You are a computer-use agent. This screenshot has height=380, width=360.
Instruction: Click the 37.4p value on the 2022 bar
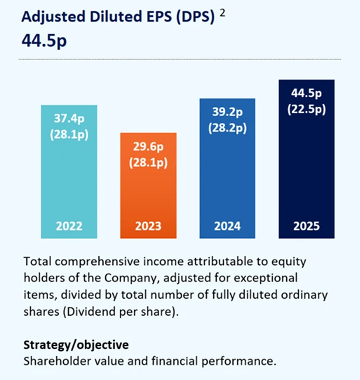click(69, 118)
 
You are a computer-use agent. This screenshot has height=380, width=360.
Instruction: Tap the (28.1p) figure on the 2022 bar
click(69, 134)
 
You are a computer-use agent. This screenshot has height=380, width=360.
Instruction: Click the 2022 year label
click(69, 226)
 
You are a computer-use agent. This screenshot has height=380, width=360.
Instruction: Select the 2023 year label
click(149, 226)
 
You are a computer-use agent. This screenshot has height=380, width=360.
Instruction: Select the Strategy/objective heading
click(76, 344)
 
